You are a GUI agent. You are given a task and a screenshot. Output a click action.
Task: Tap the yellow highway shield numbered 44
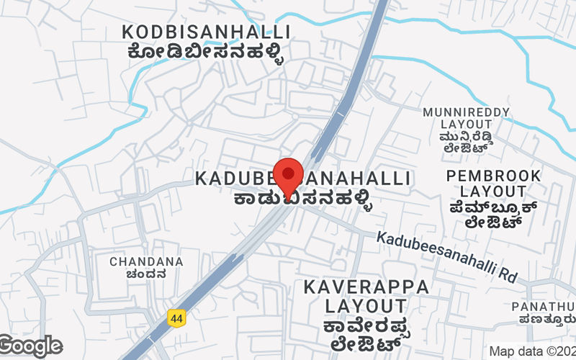176,317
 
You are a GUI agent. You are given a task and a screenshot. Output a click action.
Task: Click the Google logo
30,346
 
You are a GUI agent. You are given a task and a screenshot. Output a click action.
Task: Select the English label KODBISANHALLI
206,32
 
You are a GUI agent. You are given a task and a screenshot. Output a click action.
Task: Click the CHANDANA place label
146,261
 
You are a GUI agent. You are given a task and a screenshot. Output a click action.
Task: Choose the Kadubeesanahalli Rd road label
446,256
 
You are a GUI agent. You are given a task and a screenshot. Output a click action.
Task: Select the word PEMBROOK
493,176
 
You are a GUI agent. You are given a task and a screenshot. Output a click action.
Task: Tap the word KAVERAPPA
366,287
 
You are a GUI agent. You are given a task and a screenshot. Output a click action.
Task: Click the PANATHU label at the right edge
544,307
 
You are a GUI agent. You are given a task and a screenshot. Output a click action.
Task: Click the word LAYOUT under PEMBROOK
493,192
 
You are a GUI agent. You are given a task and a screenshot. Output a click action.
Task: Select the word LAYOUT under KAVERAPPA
365,307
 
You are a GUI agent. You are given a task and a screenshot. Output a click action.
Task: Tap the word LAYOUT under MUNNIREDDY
467,125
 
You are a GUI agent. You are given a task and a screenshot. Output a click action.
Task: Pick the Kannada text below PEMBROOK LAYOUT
493,215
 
